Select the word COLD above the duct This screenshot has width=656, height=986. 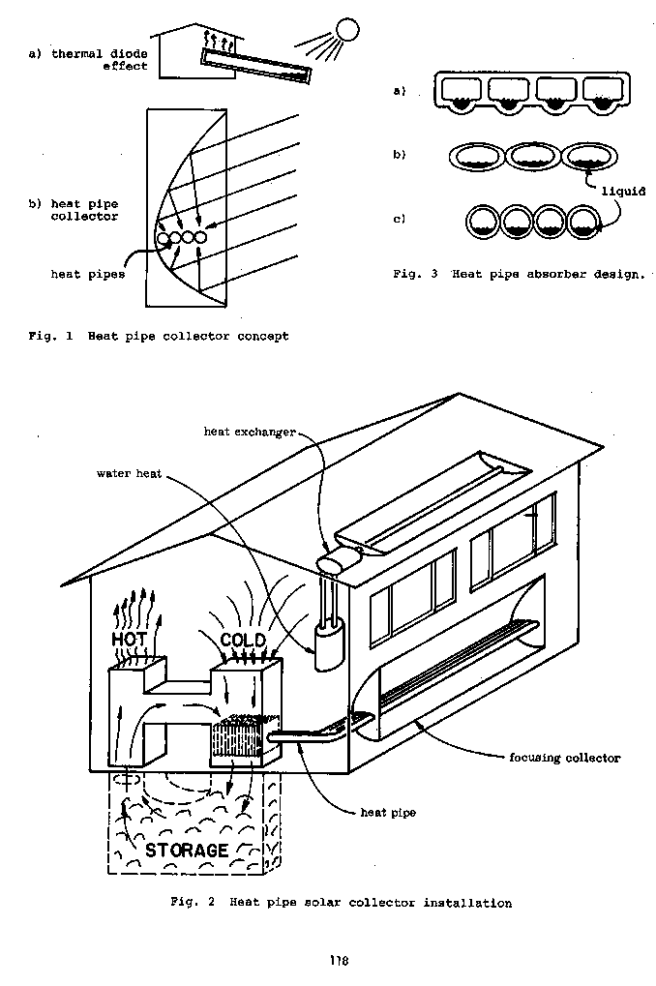tap(242, 641)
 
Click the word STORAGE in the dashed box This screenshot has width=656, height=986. tap(187, 851)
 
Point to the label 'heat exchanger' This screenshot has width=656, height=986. tap(249, 431)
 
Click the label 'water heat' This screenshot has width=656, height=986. tap(129, 474)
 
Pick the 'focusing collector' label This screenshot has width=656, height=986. tap(563, 758)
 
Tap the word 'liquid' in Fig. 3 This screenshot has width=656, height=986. tap(623, 192)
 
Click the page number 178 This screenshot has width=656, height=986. tap(337, 961)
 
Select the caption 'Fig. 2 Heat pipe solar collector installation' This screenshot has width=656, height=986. tap(340, 903)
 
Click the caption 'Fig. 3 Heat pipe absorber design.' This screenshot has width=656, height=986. tap(518, 275)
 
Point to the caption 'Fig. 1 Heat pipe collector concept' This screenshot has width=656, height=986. tap(158, 337)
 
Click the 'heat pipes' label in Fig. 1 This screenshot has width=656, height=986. tap(87, 275)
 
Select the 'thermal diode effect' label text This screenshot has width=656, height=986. tap(88, 60)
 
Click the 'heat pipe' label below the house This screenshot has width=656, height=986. tap(387, 813)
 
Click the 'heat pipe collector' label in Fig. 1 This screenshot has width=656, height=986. tap(74, 210)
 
